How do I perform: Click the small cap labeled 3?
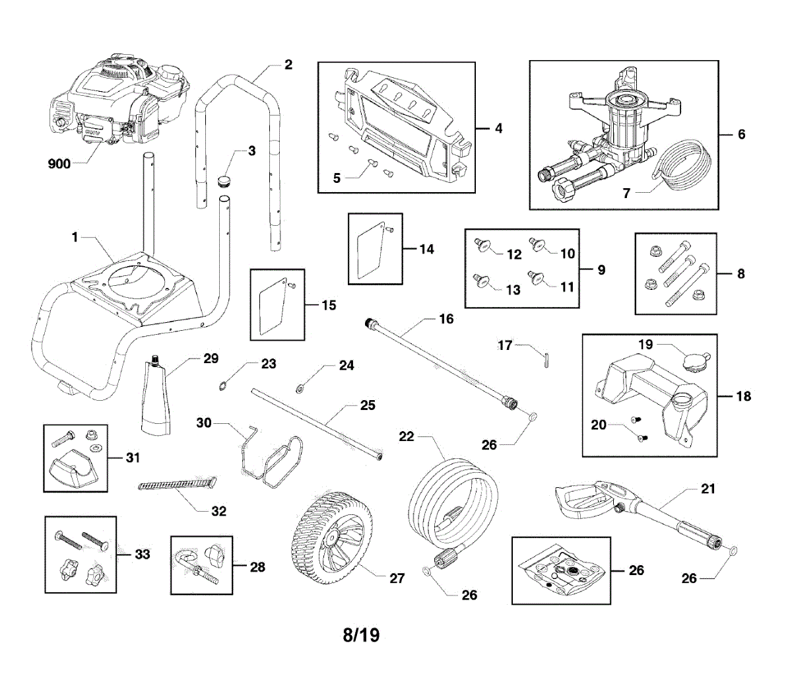[225, 180]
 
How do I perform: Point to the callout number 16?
[446, 320]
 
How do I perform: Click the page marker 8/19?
[361, 635]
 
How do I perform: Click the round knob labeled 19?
[694, 362]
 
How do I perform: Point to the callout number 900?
[59, 163]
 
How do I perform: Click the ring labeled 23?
[225, 386]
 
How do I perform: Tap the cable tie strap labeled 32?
[178, 487]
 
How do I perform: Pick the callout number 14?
[427, 249]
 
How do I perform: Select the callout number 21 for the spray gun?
[708, 489]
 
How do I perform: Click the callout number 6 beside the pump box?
[741, 134]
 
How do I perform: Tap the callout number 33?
[143, 554]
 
